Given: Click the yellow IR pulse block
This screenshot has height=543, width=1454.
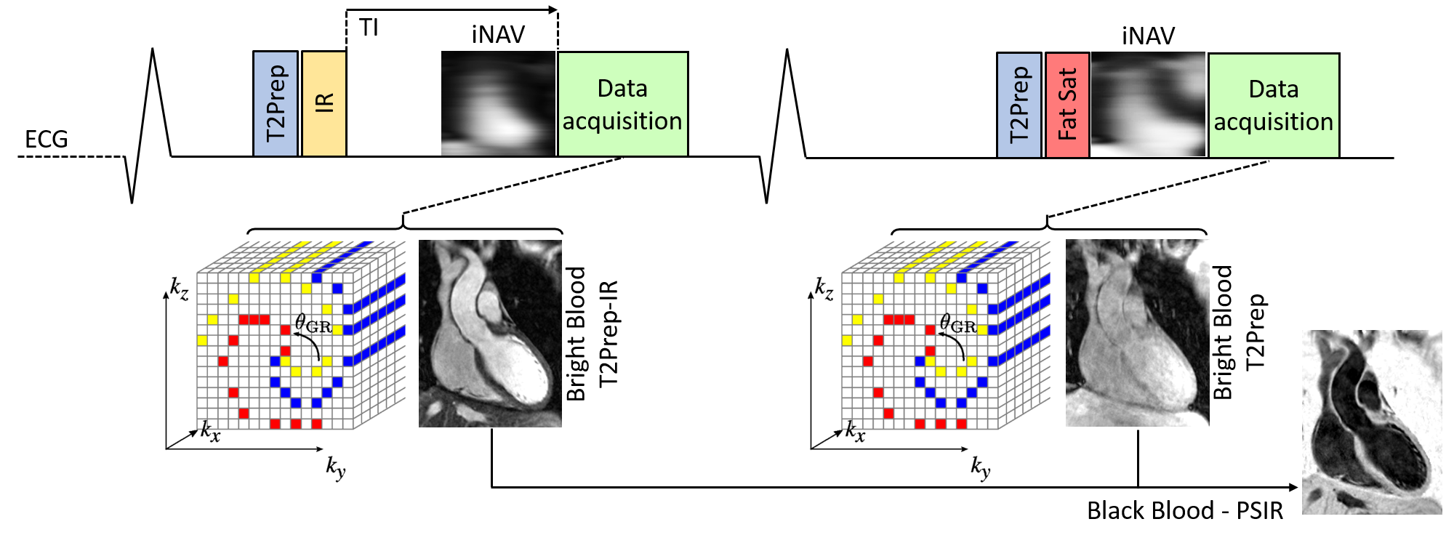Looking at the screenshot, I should pos(324,103).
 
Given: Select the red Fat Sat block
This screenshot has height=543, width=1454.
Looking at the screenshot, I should pos(1067,105).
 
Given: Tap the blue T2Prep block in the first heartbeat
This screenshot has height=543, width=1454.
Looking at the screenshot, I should pos(276,103).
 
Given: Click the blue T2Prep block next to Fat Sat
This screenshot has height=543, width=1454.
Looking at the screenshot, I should pos(1019,105).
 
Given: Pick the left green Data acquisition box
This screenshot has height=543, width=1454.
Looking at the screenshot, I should pos(622,104).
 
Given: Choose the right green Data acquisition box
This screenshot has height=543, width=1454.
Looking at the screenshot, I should pos(1274,105).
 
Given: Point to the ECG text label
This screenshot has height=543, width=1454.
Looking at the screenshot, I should pos(47,139).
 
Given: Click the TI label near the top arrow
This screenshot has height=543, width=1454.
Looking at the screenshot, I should pos(369,28).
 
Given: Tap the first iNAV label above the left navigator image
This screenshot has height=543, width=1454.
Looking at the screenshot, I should pos(498,34).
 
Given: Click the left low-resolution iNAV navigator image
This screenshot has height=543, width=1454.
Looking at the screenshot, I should pos(498,103).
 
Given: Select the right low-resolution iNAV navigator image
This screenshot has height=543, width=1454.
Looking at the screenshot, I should pos(1148,105).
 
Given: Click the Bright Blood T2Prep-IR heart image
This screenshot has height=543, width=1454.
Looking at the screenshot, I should pos(490,333).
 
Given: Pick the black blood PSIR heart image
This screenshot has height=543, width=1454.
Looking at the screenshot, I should pos(1371,422).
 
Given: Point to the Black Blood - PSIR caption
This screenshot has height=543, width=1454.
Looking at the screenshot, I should pos(1184,510).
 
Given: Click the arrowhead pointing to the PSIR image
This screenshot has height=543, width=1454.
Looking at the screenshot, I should pos(1293,487).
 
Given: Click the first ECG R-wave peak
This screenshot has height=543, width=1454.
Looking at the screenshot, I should pos(153,50).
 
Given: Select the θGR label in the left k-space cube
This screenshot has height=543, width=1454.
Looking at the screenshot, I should pos(313,323).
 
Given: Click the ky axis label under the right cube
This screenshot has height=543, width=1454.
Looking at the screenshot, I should pos(981,467).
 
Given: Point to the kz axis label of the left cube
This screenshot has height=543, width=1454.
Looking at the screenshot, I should pos(179,288).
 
